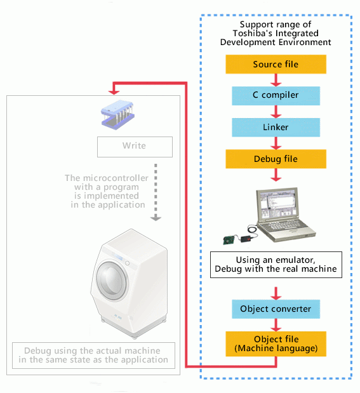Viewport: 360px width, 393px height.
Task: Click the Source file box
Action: pos(276,64)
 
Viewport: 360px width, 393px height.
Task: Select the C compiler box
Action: pos(276,96)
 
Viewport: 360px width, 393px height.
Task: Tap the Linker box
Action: pos(276,128)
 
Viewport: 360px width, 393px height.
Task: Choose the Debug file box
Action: pos(276,159)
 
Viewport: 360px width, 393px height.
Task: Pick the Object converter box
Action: pos(276,309)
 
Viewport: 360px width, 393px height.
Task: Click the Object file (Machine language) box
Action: pos(276,344)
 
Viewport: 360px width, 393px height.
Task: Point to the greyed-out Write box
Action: pos(135,147)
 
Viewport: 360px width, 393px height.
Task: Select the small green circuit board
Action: pos(229,239)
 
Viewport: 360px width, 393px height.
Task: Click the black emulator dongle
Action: pos(246,239)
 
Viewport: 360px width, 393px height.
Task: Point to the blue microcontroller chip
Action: pos(117,115)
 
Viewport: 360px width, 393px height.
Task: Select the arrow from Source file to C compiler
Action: pos(276,80)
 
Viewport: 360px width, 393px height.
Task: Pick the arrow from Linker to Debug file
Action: pos(276,143)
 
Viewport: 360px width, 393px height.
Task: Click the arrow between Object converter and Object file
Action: pos(276,325)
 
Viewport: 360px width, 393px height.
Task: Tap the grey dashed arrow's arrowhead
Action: pos(156,218)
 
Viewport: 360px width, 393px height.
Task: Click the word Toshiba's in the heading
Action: pos(253,34)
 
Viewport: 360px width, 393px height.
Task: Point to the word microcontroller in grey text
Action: pos(116,178)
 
